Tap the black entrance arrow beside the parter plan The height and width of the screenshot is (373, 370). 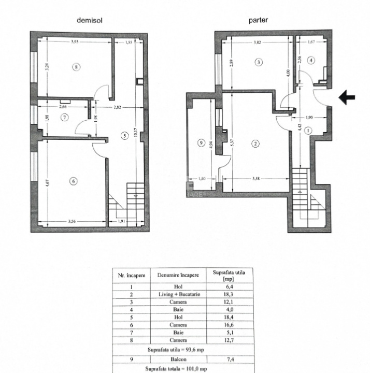[x=347, y=97]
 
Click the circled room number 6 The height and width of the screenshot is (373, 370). [x=74, y=181]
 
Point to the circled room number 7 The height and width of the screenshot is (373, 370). [x=64, y=118]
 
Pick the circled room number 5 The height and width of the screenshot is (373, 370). [x=123, y=136]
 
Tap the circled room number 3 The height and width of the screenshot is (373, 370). [x=259, y=62]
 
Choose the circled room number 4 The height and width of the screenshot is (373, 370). [x=310, y=60]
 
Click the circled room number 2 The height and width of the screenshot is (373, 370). [x=255, y=144]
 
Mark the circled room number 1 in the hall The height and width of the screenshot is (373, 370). [x=309, y=131]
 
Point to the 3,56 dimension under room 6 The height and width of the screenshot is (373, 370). [x=75, y=222]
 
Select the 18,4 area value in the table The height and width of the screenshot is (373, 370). [x=229, y=318]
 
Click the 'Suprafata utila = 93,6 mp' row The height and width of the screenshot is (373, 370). [x=176, y=349]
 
